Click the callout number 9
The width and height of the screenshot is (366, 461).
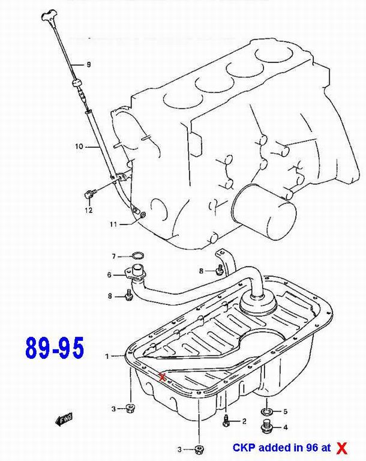pyautogui.click(x=89, y=64)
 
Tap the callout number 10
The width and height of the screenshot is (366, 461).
pyautogui.click(x=79, y=146)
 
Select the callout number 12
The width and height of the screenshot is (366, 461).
pyautogui.click(x=89, y=210)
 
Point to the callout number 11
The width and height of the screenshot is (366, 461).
pyautogui.click(x=113, y=224)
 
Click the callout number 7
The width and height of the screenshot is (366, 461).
pyautogui.click(x=114, y=257)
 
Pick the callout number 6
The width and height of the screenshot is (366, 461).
pyautogui.click(x=109, y=275)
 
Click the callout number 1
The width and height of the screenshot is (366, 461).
pyautogui.click(x=107, y=357)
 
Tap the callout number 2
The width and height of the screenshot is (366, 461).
pyautogui.click(x=244, y=421)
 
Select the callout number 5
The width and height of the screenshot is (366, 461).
pyautogui.click(x=285, y=411)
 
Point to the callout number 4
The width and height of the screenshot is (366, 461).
pyautogui.click(x=285, y=427)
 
